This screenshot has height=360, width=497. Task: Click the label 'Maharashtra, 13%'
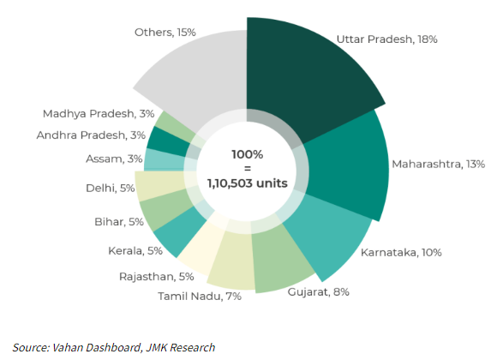(x=439, y=163)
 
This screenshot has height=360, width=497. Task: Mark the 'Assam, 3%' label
(x=111, y=159)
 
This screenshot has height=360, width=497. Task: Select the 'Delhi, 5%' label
(x=110, y=188)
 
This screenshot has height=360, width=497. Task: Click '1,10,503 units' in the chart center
(x=247, y=181)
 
